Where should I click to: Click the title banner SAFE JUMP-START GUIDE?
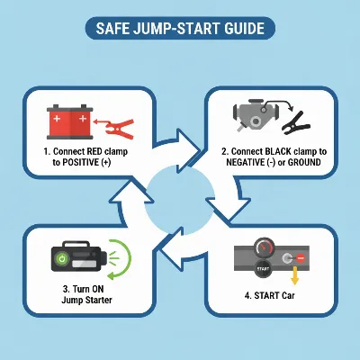click(180, 28)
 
